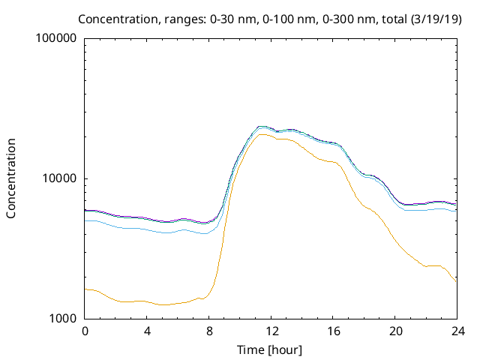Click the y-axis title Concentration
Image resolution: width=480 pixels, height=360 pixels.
[x=11, y=178]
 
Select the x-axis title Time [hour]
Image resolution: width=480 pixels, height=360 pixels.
[x=269, y=349]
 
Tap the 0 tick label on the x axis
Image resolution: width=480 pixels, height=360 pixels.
[x=85, y=331]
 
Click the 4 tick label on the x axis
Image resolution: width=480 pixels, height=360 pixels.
[x=147, y=331]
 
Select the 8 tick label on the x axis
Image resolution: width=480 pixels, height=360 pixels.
[x=209, y=331]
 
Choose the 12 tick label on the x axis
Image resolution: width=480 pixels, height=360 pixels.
[x=271, y=331]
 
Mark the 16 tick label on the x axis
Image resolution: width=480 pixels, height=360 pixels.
[x=333, y=331]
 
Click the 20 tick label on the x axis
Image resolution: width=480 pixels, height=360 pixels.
[x=395, y=331]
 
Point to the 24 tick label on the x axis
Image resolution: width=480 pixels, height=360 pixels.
[x=457, y=331]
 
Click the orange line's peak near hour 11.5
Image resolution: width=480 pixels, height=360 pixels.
[x=262, y=134]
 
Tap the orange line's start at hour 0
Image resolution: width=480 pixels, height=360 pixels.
[x=85, y=289]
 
